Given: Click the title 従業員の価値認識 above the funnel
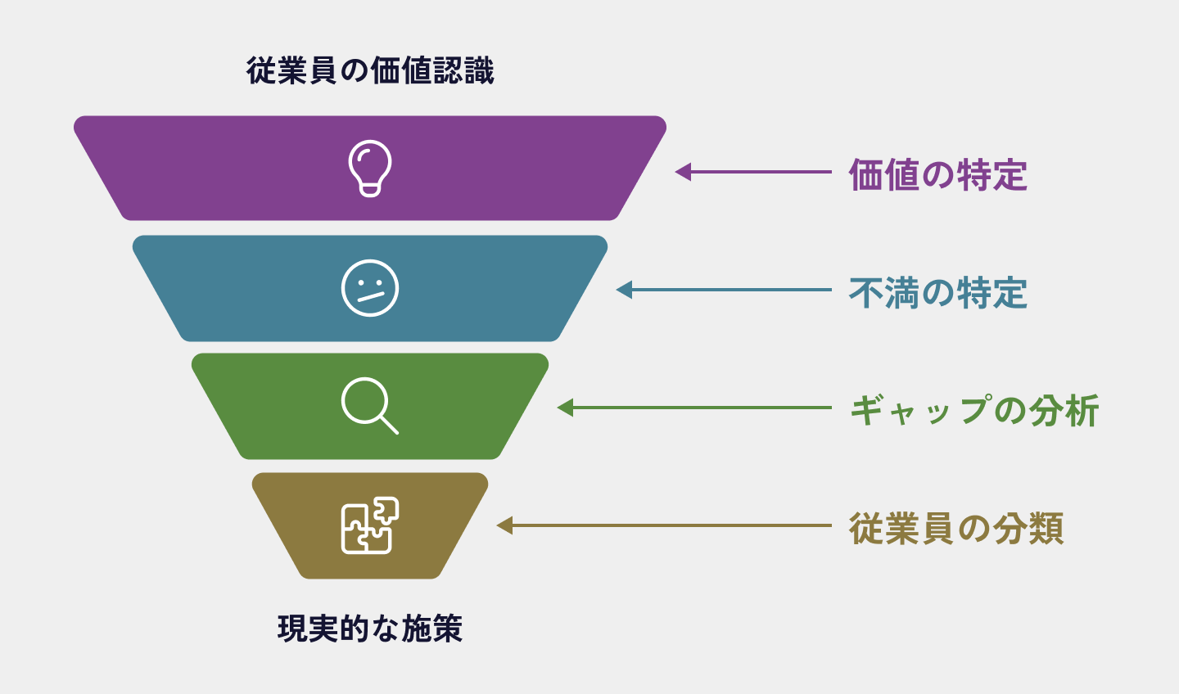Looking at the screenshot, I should (x=370, y=71).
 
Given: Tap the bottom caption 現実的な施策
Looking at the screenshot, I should (x=370, y=629).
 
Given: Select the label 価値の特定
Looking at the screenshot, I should (x=937, y=175).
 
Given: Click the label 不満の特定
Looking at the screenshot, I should (x=937, y=293).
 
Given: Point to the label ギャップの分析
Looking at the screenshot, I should (x=973, y=411).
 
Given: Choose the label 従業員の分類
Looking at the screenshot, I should (x=955, y=529).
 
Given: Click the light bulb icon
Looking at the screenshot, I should (x=370, y=168).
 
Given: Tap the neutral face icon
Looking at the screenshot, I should (x=370, y=288).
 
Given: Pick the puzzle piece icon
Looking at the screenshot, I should (x=370, y=525).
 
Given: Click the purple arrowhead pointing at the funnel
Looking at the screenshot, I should (x=683, y=172).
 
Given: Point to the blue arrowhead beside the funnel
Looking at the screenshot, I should (x=624, y=290).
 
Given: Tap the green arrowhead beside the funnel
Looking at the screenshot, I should (x=565, y=408).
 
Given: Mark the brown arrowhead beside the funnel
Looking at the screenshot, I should (x=504, y=525).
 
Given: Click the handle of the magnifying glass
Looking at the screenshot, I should (x=389, y=424).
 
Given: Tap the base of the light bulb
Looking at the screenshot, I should (x=370, y=190).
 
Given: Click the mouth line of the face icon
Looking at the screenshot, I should (x=371, y=296).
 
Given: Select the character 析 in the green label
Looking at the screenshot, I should (x=1082, y=411).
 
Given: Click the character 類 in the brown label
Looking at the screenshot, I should (x=1046, y=529).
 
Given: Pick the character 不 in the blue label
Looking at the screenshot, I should (x=866, y=293).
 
